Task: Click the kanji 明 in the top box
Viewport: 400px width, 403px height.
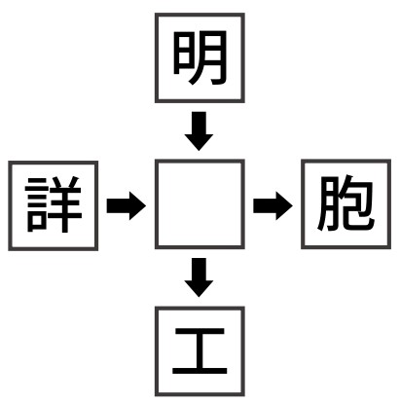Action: click(x=200, y=57)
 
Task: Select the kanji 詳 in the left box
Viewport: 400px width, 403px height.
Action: click(x=54, y=204)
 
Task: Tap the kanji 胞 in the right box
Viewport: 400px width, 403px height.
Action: click(x=345, y=203)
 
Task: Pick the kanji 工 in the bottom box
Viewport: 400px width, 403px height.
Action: click(x=200, y=351)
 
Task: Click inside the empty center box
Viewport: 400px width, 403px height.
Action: click(x=200, y=204)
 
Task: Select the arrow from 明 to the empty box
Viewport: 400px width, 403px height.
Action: click(x=199, y=131)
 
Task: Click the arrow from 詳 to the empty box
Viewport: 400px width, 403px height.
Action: click(x=127, y=205)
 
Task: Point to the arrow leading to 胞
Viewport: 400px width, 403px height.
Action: click(x=273, y=205)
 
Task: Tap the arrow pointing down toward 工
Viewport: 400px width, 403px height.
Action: click(x=199, y=277)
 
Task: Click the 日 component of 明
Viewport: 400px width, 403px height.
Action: click(x=181, y=55)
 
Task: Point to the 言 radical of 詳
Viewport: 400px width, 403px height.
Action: click(x=37, y=205)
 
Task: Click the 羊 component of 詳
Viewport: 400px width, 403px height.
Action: click(x=65, y=204)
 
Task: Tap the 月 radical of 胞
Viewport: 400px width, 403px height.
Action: click(x=327, y=204)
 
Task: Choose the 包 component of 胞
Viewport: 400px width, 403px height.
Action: click(x=357, y=203)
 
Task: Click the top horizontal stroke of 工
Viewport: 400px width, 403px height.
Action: click(x=200, y=331)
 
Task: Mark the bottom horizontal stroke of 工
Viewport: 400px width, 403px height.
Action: click(x=200, y=370)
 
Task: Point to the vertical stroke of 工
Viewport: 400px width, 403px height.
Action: click(x=200, y=350)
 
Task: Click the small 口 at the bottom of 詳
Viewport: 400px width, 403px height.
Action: click(x=37, y=223)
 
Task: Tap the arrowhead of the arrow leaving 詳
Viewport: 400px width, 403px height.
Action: click(x=137, y=205)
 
